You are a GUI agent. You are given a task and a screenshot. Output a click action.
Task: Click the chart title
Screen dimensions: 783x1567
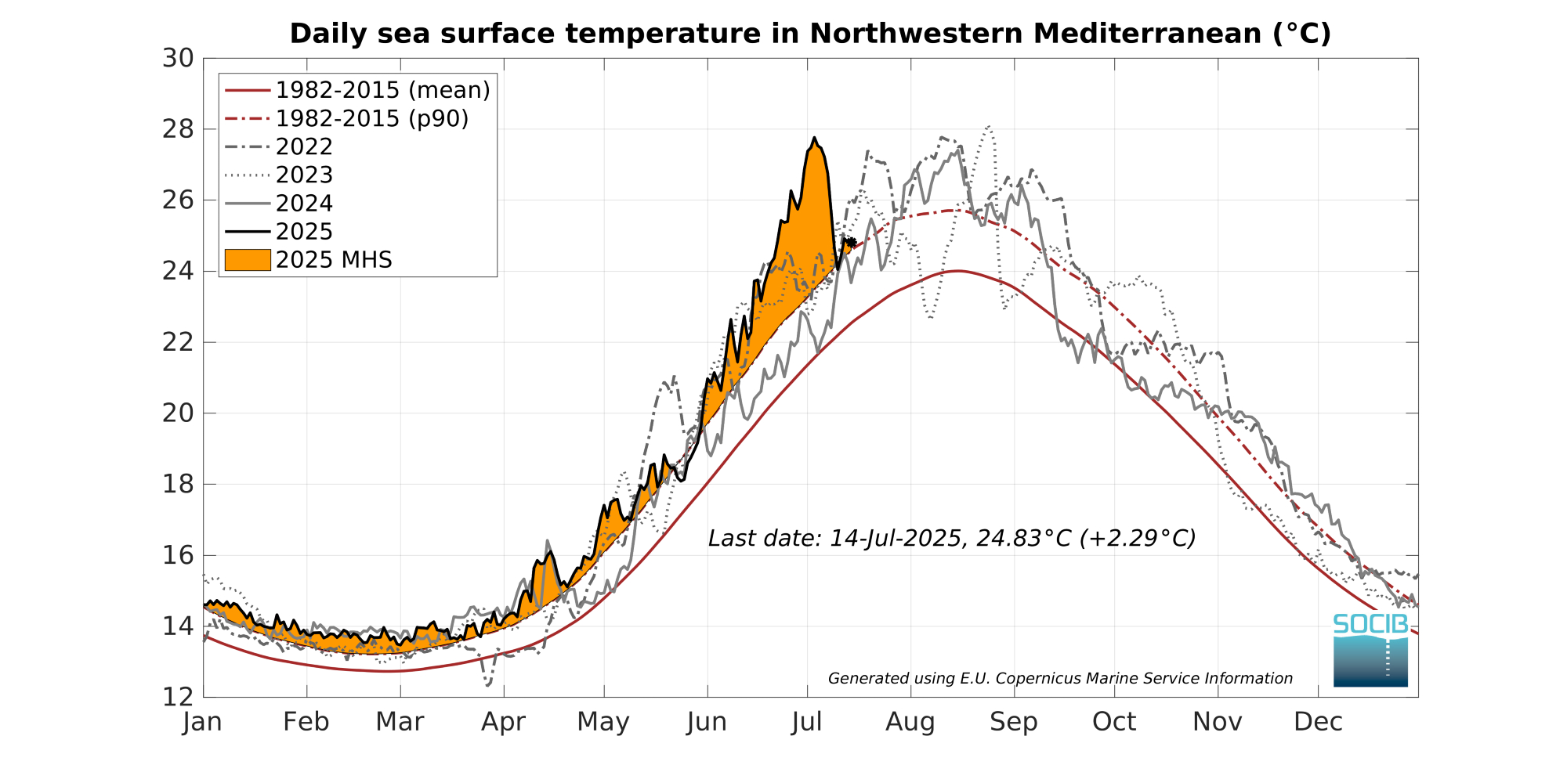pyautogui.click(x=810, y=34)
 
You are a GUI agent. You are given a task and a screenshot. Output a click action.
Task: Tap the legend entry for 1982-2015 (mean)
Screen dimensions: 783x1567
pyautogui.click(x=382, y=90)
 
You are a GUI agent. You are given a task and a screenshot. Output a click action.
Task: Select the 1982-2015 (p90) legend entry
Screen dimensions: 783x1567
pyautogui.click(x=372, y=118)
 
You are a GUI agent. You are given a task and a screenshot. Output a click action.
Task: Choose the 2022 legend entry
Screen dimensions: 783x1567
pyautogui.click(x=304, y=146)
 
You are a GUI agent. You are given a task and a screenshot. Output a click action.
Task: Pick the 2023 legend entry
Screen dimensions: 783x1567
pyautogui.click(x=304, y=175)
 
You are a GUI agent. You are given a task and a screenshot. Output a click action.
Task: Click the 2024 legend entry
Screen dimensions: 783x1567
pyautogui.click(x=304, y=204)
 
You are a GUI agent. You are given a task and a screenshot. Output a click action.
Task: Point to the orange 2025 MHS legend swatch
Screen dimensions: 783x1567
pyautogui.click(x=248, y=260)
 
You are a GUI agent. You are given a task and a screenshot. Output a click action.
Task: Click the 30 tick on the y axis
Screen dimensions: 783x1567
pyautogui.click(x=178, y=58)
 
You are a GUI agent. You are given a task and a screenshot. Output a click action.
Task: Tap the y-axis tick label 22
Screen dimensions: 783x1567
pyautogui.click(x=178, y=342)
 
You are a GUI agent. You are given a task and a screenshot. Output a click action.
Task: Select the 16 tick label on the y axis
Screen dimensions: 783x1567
pyautogui.click(x=178, y=555)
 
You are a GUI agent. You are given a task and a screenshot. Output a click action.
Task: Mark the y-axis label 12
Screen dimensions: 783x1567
pyautogui.click(x=178, y=697)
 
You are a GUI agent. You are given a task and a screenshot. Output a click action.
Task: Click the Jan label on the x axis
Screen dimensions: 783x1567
pyautogui.click(x=203, y=722)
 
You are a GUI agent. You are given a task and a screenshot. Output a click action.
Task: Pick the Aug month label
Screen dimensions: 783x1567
pyautogui.click(x=910, y=722)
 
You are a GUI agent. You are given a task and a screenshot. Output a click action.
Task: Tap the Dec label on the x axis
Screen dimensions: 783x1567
pyautogui.click(x=1319, y=722)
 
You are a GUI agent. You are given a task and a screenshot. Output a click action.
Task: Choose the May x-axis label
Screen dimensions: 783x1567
pyautogui.click(x=603, y=722)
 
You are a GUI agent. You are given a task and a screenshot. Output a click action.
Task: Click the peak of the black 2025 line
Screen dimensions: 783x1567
pyautogui.click(x=815, y=138)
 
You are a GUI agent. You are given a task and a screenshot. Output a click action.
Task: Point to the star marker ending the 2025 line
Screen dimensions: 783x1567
pyautogui.click(x=851, y=243)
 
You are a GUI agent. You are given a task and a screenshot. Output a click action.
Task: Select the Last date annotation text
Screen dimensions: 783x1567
pyautogui.click(x=952, y=539)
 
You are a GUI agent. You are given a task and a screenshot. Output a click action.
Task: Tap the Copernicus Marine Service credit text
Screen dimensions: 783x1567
pyautogui.click(x=1060, y=679)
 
